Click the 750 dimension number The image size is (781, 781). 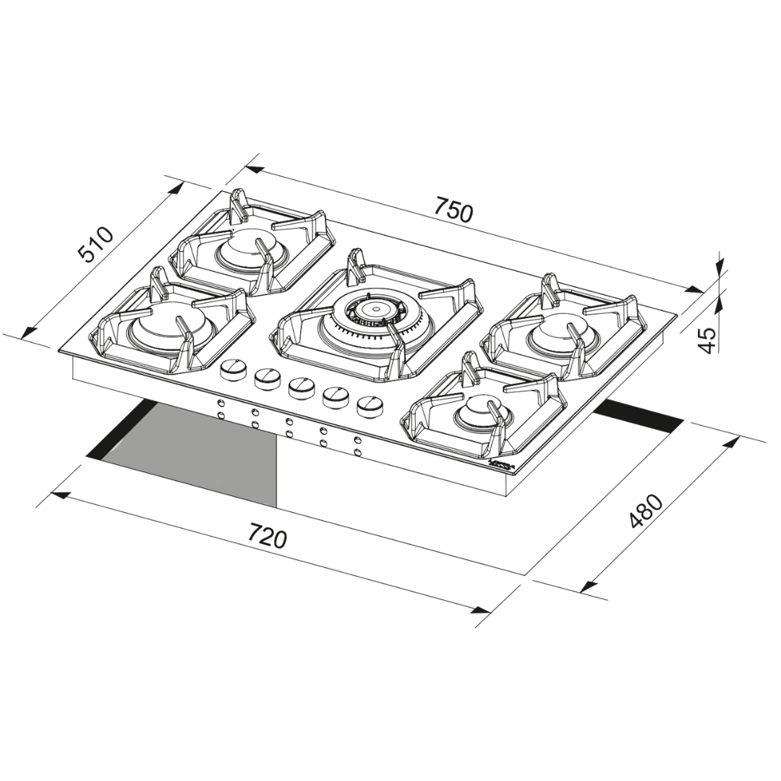454,212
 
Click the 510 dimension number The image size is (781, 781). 96,244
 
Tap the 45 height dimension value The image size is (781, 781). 709,340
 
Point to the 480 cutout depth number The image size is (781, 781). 646,512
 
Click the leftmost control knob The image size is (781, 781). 232,370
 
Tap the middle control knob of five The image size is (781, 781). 299,388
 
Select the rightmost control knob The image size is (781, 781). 370,405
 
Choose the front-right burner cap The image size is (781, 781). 477,412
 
